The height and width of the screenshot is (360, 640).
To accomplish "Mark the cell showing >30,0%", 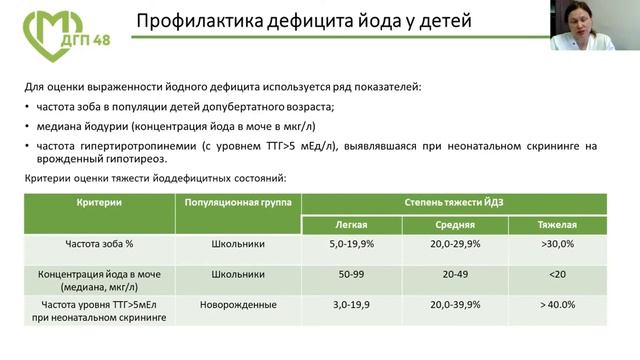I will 558,243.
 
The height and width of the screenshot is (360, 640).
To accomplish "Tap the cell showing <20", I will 558,273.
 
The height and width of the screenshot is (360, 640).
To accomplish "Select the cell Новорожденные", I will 237,304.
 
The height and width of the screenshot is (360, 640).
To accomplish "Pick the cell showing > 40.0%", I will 558,304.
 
